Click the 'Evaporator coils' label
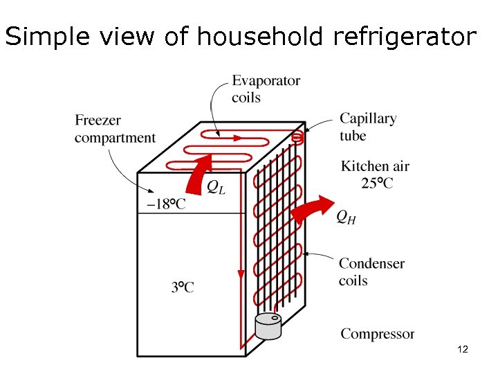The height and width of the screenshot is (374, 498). pyautogui.click(x=266, y=89)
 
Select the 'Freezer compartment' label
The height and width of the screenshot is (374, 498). pyautogui.click(x=115, y=129)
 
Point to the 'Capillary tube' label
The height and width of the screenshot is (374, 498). pyautogui.click(x=368, y=127)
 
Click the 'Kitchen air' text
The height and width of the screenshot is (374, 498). pyautogui.click(x=375, y=166)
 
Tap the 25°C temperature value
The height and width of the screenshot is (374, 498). pyautogui.click(x=377, y=183)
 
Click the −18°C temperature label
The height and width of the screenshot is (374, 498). pyautogui.click(x=166, y=204)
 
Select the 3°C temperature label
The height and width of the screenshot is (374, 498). pyautogui.click(x=183, y=287)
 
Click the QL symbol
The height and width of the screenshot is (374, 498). pyautogui.click(x=216, y=186)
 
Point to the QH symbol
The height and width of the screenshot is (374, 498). pyautogui.click(x=347, y=217)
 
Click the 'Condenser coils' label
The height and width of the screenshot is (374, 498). pyautogui.click(x=371, y=271)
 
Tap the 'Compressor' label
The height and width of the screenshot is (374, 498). pyautogui.click(x=377, y=334)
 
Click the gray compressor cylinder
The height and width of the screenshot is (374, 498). pyautogui.click(x=268, y=326)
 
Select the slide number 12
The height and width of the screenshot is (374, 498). pyautogui.click(x=463, y=350)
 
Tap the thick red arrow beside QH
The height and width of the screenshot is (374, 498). pyautogui.click(x=309, y=208)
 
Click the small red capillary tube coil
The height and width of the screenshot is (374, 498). pyautogui.click(x=297, y=138)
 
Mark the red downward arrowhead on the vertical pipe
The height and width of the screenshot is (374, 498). pyautogui.click(x=241, y=276)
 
